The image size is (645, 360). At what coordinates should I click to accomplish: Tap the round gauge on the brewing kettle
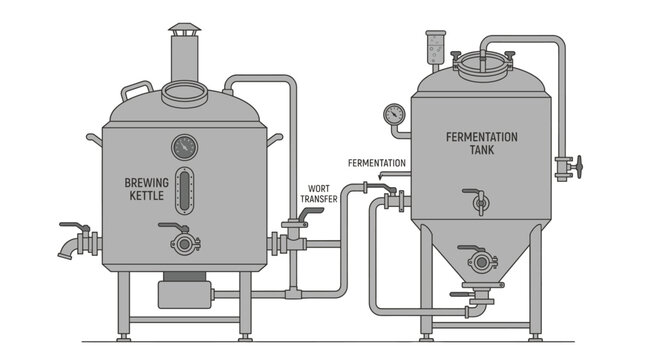184,147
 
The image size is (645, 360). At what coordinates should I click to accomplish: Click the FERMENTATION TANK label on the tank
483,143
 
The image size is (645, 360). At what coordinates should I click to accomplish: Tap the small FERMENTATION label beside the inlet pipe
377,162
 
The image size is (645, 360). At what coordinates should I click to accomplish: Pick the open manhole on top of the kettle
184,96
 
